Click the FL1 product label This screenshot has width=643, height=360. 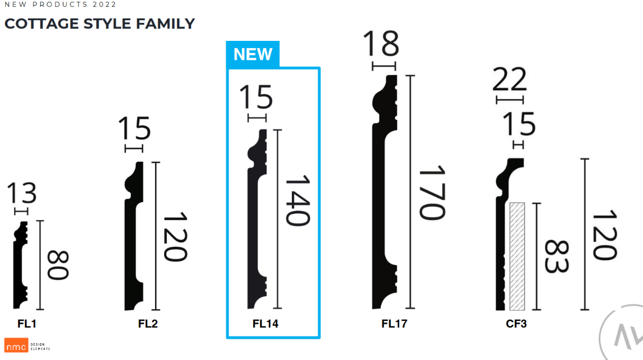tap(27, 324)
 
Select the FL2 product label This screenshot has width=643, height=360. tap(148, 324)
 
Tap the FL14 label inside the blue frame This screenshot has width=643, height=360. tap(265, 324)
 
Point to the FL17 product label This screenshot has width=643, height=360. tap(394, 324)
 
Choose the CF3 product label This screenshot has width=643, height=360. tap(516, 324)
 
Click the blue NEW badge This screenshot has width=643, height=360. tap(253, 54)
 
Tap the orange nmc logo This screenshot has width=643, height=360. tap(16, 345)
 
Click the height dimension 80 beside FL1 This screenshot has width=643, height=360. tap(58, 265)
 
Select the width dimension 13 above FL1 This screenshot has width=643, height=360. tap(22, 193)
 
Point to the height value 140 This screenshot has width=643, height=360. tap(297, 200)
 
